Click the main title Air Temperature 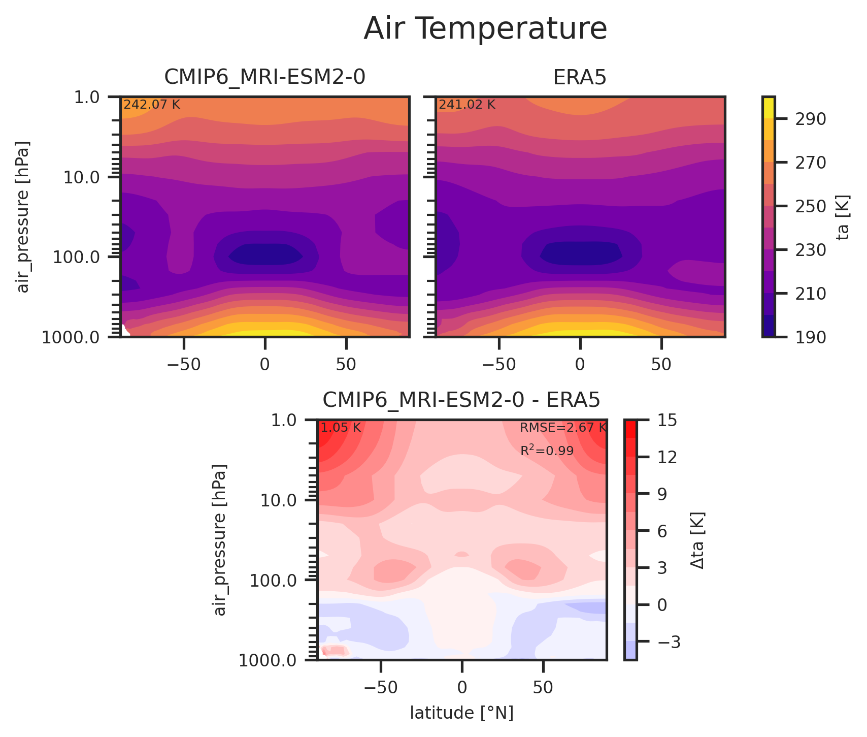point(485,29)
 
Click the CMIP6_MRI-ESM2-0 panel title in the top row point(264,77)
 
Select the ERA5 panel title point(580,77)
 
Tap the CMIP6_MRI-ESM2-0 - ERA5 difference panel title point(461,400)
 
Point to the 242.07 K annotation point(152,105)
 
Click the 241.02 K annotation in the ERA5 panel point(466,105)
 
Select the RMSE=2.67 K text point(563,428)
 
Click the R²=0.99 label point(547,451)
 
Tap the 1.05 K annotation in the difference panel point(340,428)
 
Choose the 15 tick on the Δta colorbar point(667,420)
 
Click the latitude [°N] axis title point(461,713)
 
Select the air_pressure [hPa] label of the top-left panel point(23,217)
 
